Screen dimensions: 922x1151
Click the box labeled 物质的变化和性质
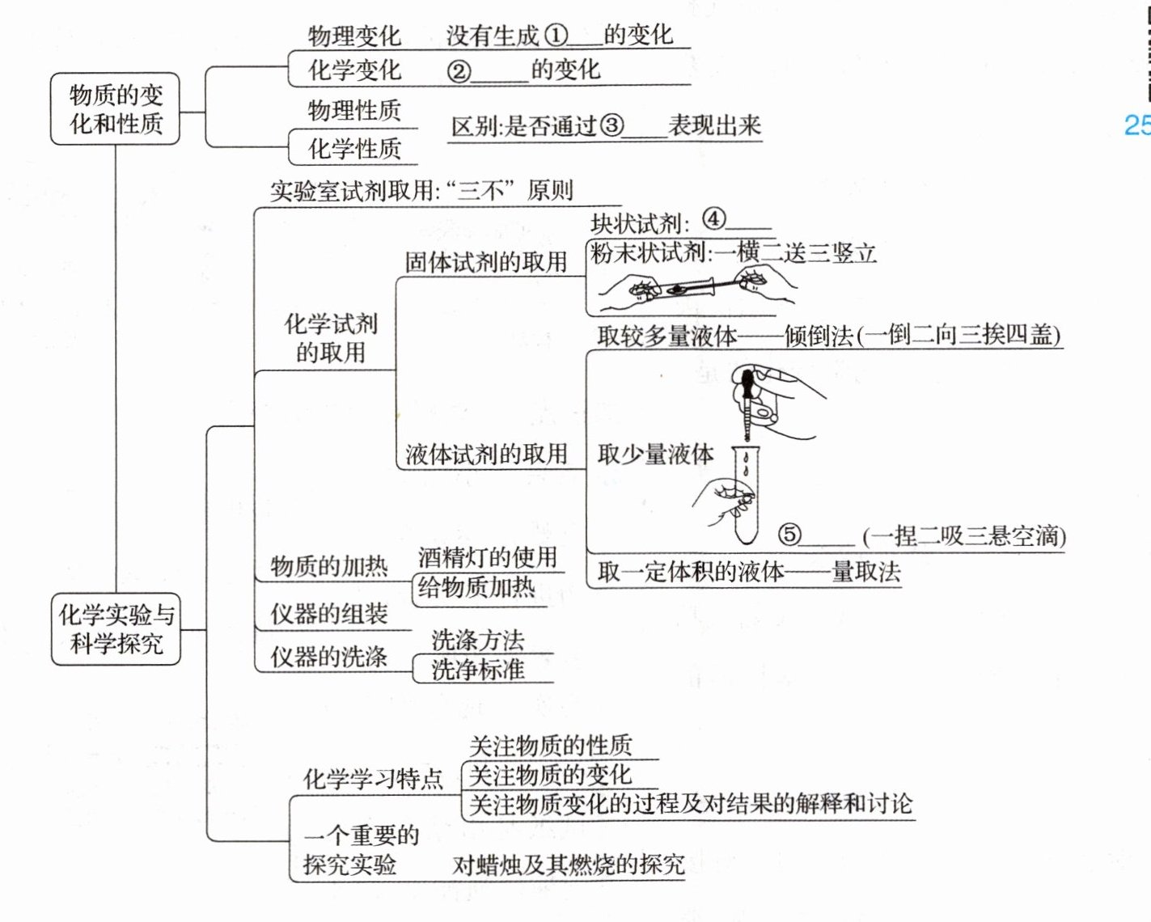click(115, 109)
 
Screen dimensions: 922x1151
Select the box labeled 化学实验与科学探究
click(116, 629)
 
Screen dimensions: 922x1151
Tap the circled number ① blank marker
click(556, 35)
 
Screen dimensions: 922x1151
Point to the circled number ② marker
click(459, 70)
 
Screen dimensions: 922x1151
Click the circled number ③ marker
click(612, 125)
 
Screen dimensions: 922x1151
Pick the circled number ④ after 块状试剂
click(713, 219)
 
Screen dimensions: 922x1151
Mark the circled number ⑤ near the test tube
click(789, 534)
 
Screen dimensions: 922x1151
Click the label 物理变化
click(354, 36)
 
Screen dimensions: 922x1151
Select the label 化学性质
click(354, 148)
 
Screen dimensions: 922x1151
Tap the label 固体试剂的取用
click(486, 261)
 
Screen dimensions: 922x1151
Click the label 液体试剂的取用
click(486, 454)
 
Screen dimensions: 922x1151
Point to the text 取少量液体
click(655, 454)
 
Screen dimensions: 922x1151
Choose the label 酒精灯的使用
click(488, 556)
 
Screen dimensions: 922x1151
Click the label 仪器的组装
click(329, 614)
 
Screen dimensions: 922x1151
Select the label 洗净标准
click(478, 670)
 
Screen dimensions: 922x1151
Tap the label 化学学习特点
click(373, 779)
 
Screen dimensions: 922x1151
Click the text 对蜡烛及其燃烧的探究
click(568, 865)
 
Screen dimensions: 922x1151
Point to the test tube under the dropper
click(746, 497)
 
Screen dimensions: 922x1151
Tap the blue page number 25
click(1136, 125)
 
